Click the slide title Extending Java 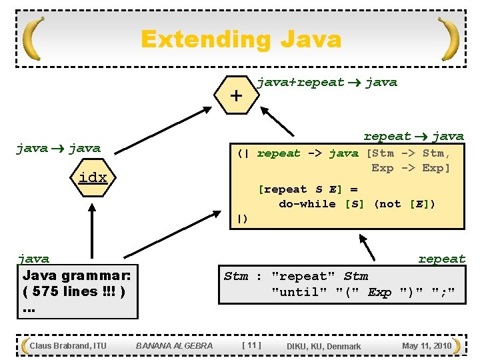tap(241, 39)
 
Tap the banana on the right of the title tap(449, 39)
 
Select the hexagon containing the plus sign tap(235, 95)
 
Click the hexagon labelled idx tap(92, 178)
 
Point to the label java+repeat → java tap(327, 83)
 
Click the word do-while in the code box tap(307, 204)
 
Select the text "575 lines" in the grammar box tap(73, 291)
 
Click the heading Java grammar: tap(77, 275)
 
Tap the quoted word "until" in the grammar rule tap(295, 292)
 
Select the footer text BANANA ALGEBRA tap(174, 345)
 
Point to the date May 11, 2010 tap(427, 345)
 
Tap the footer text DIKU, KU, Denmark tap(323, 346)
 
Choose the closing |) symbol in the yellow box tap(243, 218)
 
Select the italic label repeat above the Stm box tap(441, 259)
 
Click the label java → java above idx tap(58, 149)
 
